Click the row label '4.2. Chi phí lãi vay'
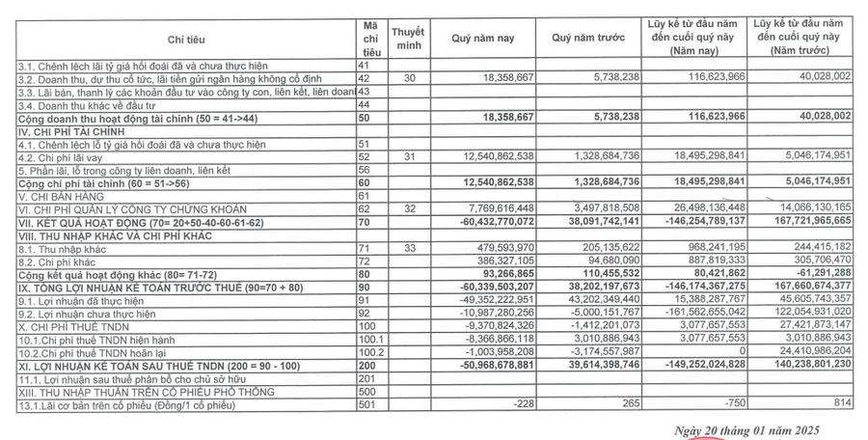60,155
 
